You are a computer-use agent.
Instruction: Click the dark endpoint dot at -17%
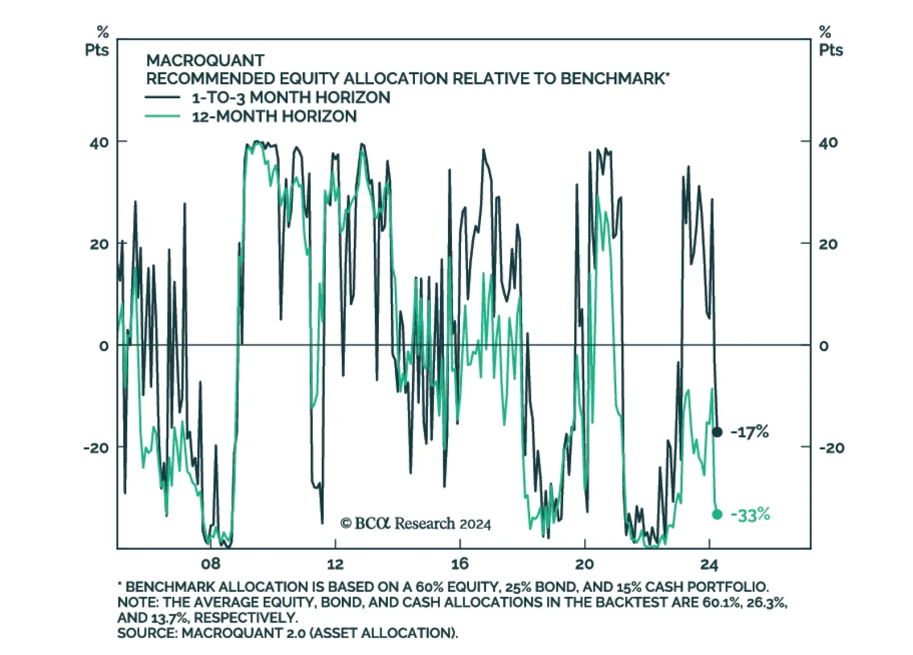(x=717, y=432)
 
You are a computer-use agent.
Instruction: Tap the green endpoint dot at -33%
(x=717, y=515)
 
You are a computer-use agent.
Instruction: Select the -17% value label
(x=750, y=432)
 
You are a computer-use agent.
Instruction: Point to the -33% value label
(x=750, y=515)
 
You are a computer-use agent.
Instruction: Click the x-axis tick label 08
(x=211, y=564)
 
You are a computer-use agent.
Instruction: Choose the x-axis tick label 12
(x=336, y=564)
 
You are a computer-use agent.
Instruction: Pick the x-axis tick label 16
(x=460, y=564)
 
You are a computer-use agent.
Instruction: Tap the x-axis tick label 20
(x=584, y=564)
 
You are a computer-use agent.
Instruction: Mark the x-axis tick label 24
(x=709, y=564)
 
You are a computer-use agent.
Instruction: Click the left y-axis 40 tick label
(x=99, y=142)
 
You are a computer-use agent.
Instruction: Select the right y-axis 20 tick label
(x=828, y=244)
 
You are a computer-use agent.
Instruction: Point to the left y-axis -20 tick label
(x=96, y=448)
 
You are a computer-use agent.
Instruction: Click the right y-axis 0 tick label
(x=823, y=345)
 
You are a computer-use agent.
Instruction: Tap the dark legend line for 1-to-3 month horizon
(x=163, y=98)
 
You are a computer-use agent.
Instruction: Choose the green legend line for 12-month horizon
(x=163, y=116)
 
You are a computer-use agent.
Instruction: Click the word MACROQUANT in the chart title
(x=205, y=61)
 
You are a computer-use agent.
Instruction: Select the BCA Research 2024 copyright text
(x=415, y=523)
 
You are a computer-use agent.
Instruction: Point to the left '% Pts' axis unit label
(x=97, y=41)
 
